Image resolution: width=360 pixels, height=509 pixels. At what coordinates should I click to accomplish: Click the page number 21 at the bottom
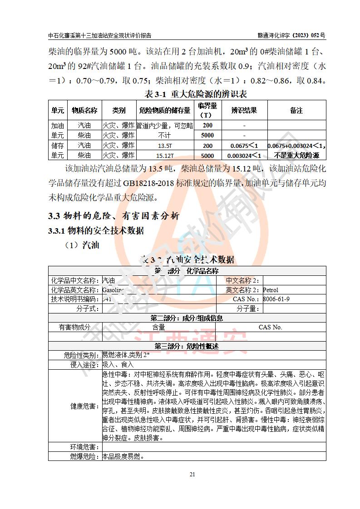[192, 475]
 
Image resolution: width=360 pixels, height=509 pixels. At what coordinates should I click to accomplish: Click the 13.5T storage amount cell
[165, 146]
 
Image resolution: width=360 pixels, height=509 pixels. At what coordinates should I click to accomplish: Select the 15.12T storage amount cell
[165, 156]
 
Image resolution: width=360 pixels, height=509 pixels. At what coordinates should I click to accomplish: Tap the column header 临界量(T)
[207, 110]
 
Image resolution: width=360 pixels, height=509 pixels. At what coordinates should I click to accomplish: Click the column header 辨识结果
[244, 110]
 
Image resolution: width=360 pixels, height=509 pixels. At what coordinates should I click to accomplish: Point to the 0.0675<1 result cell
[244, 146]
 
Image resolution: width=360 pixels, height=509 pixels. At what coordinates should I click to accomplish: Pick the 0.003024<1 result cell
[244, 156]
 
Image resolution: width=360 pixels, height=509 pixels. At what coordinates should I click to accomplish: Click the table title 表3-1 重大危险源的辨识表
[195, 94]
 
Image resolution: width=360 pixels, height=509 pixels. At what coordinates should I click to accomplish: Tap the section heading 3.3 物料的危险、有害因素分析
[113, 216]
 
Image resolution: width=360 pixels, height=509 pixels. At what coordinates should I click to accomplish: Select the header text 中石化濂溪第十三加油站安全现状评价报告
[100, 35]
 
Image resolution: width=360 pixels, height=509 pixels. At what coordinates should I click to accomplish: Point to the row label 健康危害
[84, 406]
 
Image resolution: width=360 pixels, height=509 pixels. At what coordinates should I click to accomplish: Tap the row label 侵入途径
[84, 364]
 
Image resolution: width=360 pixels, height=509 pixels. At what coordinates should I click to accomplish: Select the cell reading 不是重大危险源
[297, 156]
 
